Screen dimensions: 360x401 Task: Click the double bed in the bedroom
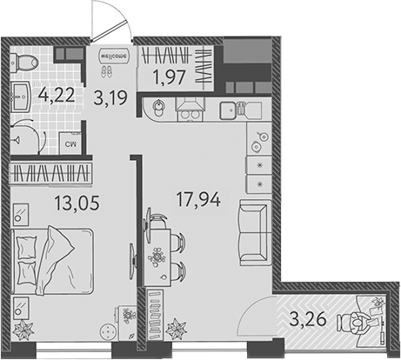[x=53, y=261]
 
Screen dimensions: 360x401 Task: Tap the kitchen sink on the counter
[x=230, y=110]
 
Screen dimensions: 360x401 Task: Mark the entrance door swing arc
[x=110, y=19]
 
